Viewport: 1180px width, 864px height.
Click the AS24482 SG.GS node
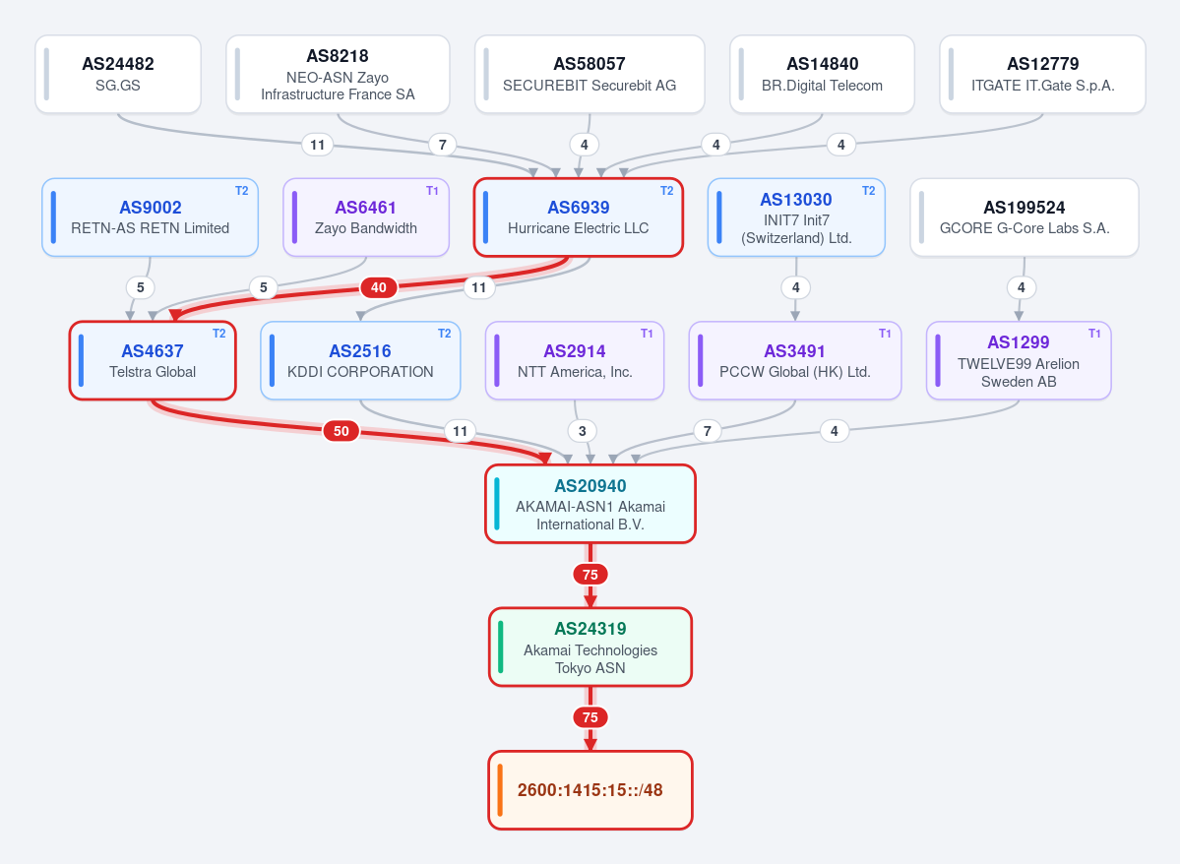pos(118,75)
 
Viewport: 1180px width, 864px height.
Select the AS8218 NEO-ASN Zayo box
pos(338,75)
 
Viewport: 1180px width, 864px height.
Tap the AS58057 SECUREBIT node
pos(590,75)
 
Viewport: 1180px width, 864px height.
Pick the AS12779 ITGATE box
pos(1042,75)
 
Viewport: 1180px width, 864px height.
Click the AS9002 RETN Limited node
pos(151,217)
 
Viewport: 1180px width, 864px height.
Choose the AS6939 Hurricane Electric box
pos(579,217)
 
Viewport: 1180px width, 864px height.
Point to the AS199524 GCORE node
pos(1025,217)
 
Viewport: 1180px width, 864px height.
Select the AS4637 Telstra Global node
pos(153,360)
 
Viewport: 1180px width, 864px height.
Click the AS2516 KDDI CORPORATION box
pos(360,360)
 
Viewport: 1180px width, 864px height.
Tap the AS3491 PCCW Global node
pos(795,360)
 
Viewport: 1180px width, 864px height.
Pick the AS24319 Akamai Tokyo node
pos(590,648)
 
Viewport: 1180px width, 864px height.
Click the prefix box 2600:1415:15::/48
pos(590,790)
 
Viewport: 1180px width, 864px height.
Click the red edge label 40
pos(379,287)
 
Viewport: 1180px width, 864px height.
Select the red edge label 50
pos(342,431)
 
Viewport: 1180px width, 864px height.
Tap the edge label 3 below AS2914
pos(582,431)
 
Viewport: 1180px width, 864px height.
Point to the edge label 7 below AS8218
pos(443,145)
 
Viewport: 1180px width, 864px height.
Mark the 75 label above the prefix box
pos(590,718)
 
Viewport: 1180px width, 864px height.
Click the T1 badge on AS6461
pos(433,191)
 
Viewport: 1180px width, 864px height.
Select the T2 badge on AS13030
pos(868,191)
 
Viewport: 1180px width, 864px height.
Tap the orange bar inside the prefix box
pos(501,790)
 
